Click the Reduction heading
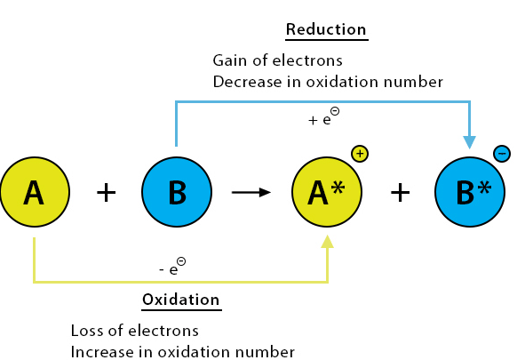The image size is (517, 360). [326, 29]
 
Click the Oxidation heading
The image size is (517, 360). [181, 300]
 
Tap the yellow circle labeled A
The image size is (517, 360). [35, 192]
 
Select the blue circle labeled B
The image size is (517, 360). [177, 192]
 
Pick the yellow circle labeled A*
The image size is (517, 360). [327, 192]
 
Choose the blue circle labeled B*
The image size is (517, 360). [470, 192]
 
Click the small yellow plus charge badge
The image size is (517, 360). [360, 154]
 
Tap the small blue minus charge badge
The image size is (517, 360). [502, 154]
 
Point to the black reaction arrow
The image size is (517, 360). [251, 192]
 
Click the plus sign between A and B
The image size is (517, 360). [107, 192]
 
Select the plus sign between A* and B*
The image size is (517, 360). [401, 192]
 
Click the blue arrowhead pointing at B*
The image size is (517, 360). [470, 142]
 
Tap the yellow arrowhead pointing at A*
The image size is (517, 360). [327, 242]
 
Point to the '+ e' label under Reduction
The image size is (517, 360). [323, 116]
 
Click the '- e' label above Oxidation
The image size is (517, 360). [172, 267]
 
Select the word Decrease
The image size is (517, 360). [247, 82]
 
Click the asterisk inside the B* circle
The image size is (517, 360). [484, 188]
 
